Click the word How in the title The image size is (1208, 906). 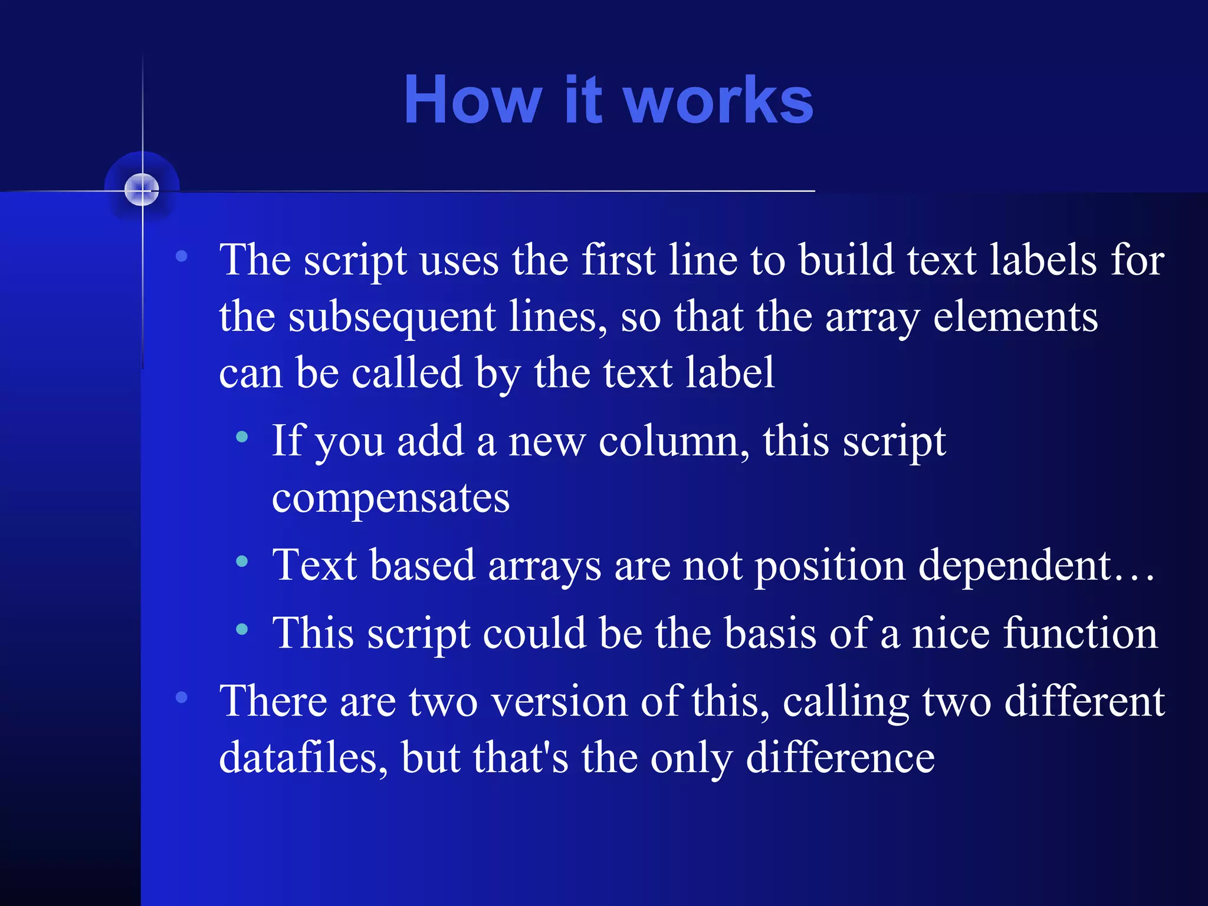472,100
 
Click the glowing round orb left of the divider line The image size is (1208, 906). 142,189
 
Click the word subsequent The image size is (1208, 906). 392,317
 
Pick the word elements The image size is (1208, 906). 1015,317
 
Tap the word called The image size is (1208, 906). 407,373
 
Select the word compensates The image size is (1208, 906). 390,498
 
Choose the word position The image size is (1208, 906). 830,565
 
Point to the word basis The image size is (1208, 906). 770,633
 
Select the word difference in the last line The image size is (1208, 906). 840,758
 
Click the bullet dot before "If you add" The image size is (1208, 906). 242,437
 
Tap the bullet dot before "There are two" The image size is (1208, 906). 182,697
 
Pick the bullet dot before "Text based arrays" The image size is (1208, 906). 242,561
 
